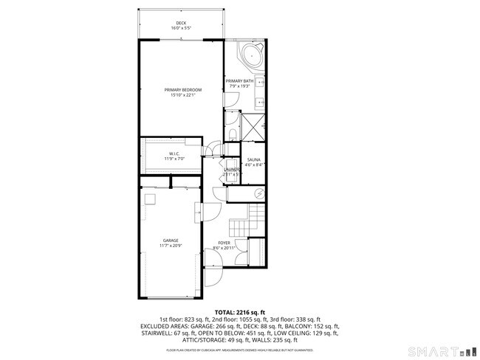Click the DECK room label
181,23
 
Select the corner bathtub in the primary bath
252,55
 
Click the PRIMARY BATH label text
240,80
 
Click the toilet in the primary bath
233,133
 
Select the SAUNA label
254,159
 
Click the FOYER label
224,242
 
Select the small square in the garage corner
151,198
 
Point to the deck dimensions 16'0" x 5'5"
181,28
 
